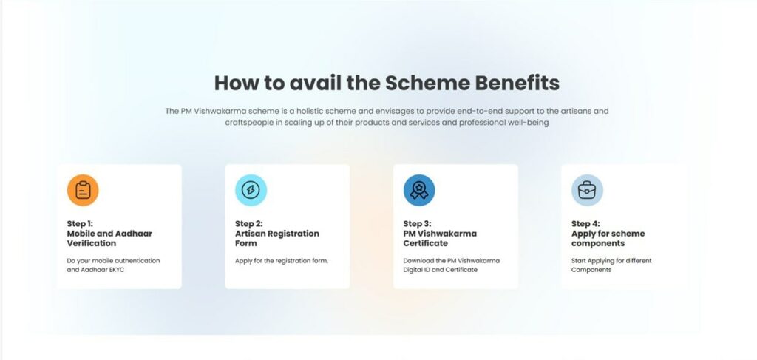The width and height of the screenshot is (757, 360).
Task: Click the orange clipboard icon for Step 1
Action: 83,190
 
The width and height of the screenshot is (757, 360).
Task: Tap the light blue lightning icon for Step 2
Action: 251,190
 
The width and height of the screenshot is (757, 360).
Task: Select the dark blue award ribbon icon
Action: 419,190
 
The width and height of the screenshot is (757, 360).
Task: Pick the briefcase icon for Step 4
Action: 587,190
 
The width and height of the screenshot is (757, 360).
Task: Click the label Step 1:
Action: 80,224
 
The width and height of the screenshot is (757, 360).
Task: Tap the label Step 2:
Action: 249,224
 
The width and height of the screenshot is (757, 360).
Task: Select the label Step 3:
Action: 417,224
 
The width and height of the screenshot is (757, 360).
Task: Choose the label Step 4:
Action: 585,224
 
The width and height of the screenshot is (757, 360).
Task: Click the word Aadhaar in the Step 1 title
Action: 134,234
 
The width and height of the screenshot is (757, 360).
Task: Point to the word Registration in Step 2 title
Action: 293,234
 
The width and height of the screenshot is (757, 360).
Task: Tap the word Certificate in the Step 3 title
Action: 426,243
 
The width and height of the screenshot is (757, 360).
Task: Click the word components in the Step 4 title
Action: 598,244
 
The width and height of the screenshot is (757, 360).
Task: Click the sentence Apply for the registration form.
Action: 282,261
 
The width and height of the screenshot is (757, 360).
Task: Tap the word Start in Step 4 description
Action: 578,261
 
